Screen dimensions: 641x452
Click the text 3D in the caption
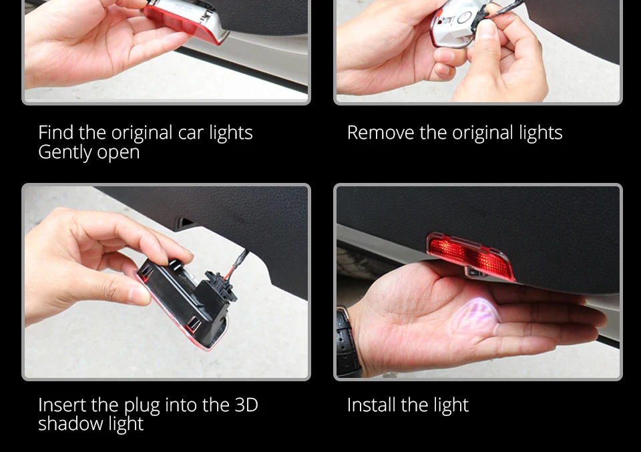tap(246, 405)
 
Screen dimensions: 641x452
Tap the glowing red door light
tap(469, 256)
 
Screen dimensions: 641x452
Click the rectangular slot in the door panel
tap(185, 223)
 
